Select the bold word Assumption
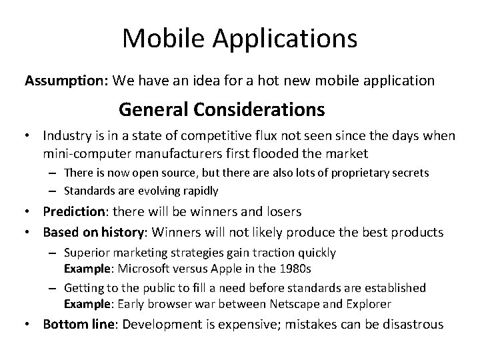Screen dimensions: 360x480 (x=66, y=81)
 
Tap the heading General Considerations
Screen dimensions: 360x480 (x=221, y=108)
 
